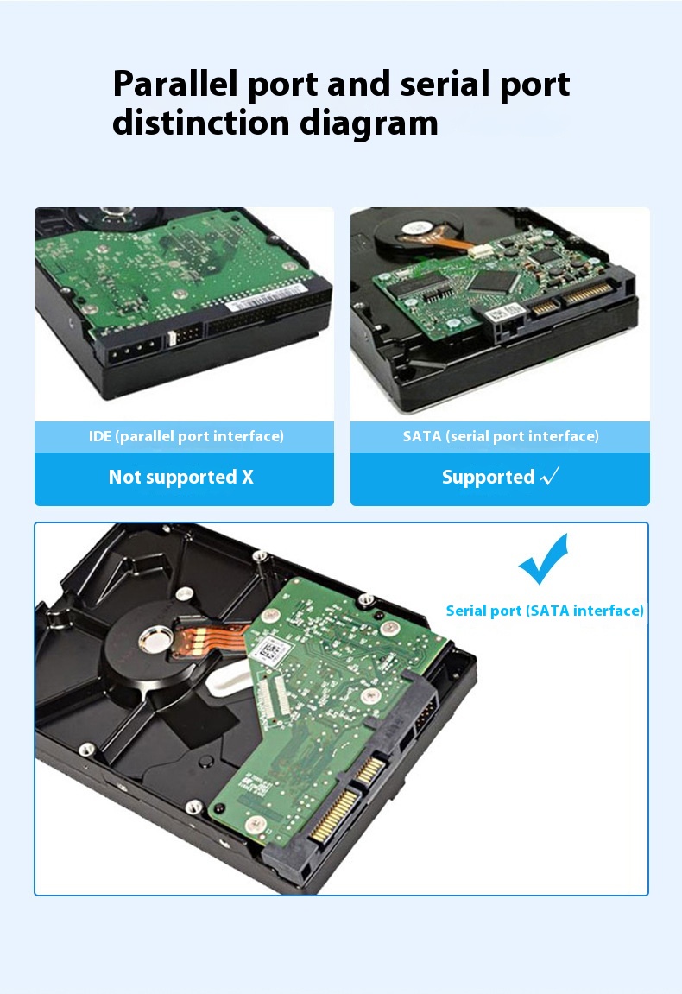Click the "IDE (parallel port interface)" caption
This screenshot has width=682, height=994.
(x=186, y=436)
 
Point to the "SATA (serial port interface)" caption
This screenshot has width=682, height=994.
(x=501, y=436)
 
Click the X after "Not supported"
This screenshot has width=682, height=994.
(x=248, y=478)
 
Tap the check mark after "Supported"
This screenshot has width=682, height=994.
(x=550, y=477)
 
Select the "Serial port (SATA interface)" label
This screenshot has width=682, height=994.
(x=545, y=611)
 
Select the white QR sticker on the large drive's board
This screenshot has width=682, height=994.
(x=273, y=650)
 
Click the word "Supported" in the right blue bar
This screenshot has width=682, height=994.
(x=488, y=478)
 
